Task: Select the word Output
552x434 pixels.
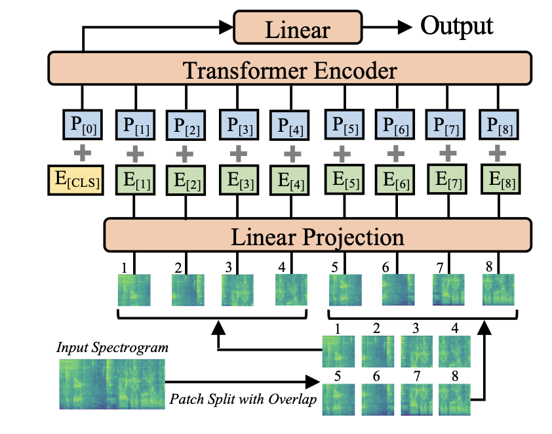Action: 456,26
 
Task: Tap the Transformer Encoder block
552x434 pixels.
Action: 289,70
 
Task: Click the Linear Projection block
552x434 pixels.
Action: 316,235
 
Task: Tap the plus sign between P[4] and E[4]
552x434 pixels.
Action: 289,153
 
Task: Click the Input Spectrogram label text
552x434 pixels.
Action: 112,347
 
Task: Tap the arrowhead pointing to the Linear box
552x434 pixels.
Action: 229,28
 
